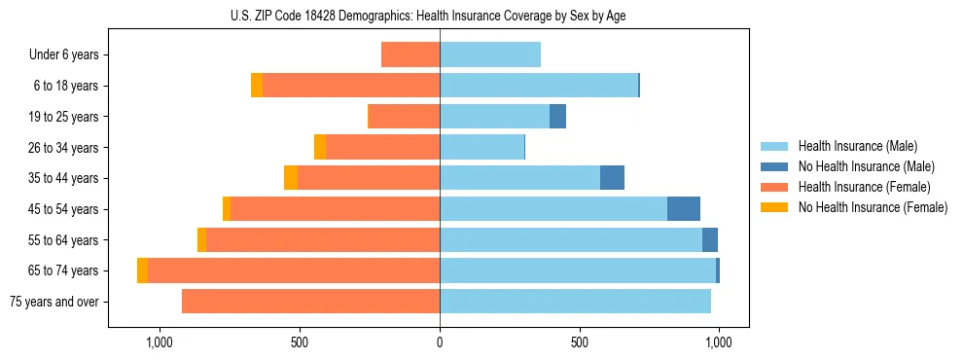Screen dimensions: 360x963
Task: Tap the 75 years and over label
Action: pyautogui.click(x=54, y=302)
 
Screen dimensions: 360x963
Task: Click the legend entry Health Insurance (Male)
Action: pyautogui.click(x=856, y=146)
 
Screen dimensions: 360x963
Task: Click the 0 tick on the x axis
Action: pyautogui.click(x=440, y=342)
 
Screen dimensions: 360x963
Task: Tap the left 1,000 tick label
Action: pyautogui.click(x=160, y=342)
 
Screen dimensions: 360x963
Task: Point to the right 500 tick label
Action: pyautogui.click(x=580, y=342)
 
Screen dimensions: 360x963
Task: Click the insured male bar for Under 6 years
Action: pyautogui.click(x=490, y=54)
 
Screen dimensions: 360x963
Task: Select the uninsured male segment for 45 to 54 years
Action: pyautogui.click(x=684, y=209)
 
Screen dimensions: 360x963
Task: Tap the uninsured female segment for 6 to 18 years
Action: pyautogui.click(x=257, y=86)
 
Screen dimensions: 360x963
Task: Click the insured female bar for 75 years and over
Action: pyautogui.click(x=310, y=302)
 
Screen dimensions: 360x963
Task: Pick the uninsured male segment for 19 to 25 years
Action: pyautogui.click(x=557, y=117)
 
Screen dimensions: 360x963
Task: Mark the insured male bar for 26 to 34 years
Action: pyautogui.click(x=481, y=147)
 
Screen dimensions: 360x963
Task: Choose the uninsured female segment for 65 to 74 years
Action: pyautogui.click(x=142, y=270)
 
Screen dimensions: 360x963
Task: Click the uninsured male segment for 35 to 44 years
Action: pyautogui.click(x=612, y=178)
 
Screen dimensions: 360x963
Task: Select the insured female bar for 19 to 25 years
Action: pyautogui.click(x=405, y=117)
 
